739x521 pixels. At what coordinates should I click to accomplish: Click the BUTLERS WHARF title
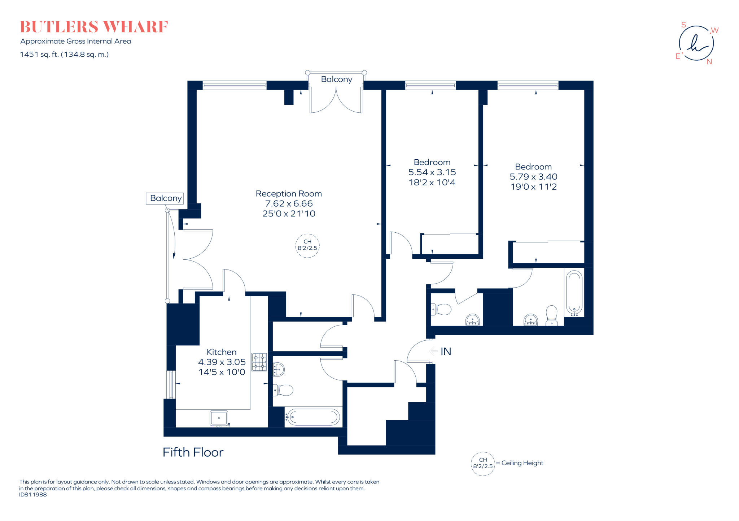tap(94, 27)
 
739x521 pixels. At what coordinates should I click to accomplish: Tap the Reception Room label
tap(289, 194)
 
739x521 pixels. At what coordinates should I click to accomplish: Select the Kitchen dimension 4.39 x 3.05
tap(222, 362)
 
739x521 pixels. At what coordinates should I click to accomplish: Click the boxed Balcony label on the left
tap(165, 198)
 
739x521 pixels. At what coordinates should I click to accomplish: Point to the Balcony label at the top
tap(336, 79)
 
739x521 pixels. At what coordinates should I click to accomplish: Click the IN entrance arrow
tap(433, 351)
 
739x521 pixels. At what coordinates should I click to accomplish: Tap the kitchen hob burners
tap(259, 362)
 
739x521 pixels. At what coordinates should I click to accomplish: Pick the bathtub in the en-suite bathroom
tap(574, 293)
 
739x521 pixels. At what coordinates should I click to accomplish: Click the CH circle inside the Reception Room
tap(307, 245)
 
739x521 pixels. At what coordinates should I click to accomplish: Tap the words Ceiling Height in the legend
tap(522, 463)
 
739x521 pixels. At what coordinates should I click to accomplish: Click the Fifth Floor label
tap(193, 452)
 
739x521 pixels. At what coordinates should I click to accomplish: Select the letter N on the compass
tap(709, 62)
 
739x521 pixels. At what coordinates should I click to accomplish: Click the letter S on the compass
tap(683, 25)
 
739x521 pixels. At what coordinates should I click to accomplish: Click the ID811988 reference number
tap(33, 495)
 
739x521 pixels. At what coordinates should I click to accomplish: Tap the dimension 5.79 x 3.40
tap(533, 177)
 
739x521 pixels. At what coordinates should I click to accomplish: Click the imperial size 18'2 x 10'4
tap(432, 182)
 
